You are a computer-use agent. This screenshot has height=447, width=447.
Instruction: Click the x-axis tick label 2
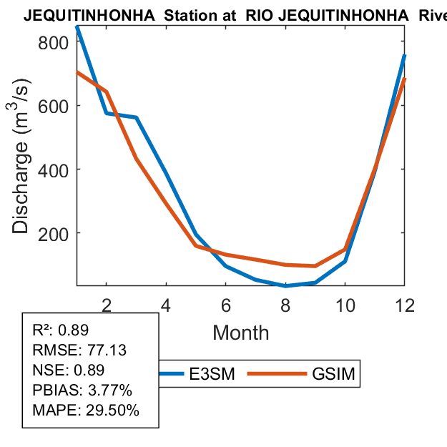click(x=107, y=305)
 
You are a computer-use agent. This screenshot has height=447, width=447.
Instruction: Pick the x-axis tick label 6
click(x=226, y=305)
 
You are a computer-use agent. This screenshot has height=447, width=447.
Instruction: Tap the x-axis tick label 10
click(x=345, y=305)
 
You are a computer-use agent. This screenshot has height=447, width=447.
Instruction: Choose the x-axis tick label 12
click(x=405, y=305)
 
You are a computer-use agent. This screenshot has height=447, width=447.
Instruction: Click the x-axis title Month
click(x=241, y=333)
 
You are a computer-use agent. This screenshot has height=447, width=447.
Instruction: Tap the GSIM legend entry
click(x=333, y=374)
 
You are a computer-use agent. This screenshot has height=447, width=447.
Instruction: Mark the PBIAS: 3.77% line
click(x=82, y=390)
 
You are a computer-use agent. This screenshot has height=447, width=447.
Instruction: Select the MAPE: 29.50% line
click(x=86, y=411)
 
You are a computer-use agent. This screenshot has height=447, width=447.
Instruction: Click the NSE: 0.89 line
click(x=69, y=370)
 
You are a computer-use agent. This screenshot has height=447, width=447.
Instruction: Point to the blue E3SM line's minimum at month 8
click(x=285, y=285)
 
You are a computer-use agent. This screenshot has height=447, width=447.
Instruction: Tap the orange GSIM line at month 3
click(x=136, y=158)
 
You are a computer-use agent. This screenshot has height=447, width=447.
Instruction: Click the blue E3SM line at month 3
click(x=136, y=117)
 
